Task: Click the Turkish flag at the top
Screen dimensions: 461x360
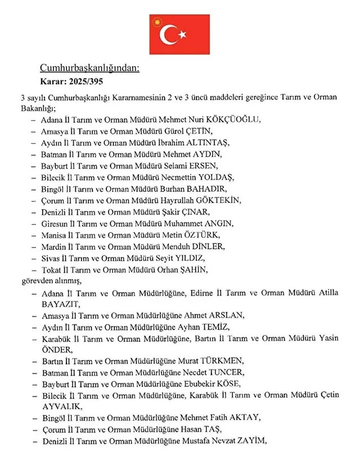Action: click(x=179, y=35)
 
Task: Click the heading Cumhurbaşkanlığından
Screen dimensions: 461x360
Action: click(x=89, y=69)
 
